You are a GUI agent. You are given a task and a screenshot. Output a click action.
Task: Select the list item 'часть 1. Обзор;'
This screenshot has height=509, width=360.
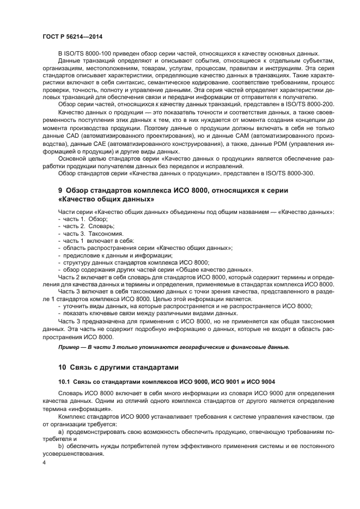80,218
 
